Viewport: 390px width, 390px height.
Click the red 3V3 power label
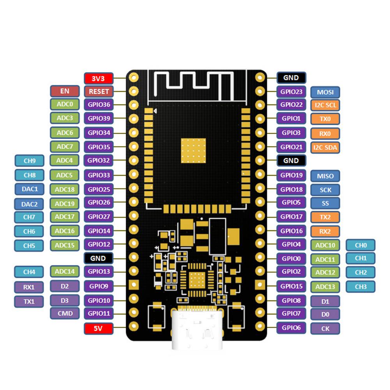tap(99, 78)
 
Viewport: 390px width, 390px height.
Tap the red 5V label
tap(99, 328)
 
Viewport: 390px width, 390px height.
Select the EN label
tap(65, 91)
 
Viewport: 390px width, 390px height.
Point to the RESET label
tap(99, 92)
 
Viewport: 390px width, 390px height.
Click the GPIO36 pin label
tap(99, 105)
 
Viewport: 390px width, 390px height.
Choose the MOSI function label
tap(325, 92)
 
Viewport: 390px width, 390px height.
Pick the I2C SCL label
tap(325, 105)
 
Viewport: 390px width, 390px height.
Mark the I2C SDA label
tap(325, 147)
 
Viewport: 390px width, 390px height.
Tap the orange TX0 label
tap(325, 119)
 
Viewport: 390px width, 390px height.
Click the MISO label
tap(325, 176)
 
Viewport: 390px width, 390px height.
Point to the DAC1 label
tap(30, 189)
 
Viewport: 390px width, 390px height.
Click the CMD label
tap(65, 313)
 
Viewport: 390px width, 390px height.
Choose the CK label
tap(325, 328)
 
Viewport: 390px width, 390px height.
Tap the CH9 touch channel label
tap(30, 161)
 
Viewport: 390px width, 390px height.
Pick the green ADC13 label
tap(325, 287)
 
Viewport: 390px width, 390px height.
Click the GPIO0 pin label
tap(291, 258)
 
